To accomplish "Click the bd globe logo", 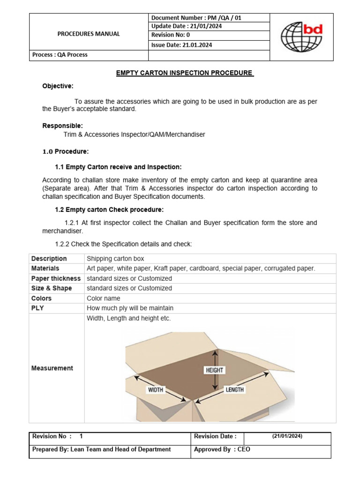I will tap(301, 37).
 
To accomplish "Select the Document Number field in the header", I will tap(196, 18).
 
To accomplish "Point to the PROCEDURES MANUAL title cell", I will tap(89, 34).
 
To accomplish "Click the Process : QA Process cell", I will tap(60, 54).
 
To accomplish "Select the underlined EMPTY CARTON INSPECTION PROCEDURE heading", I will tap(185, 73).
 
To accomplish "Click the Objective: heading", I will tap(58, 86).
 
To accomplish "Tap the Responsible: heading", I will tap(62, 126).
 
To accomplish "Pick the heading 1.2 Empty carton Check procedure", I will tap(109, 210).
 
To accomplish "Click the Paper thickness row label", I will tap(56, 278).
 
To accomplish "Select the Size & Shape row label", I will tap(52, 288).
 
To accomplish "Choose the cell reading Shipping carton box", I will tap(115, 259).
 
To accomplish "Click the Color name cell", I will tap(103, 298).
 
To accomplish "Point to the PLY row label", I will tap(37, 308).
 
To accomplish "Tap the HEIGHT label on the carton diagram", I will tap(214, 370).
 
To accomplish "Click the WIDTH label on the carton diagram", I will tap(156, 390).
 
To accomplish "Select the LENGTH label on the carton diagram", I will tap(234, 390).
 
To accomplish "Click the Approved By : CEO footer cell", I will tap(222, 449).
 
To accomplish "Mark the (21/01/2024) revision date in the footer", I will tap(287, 436).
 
